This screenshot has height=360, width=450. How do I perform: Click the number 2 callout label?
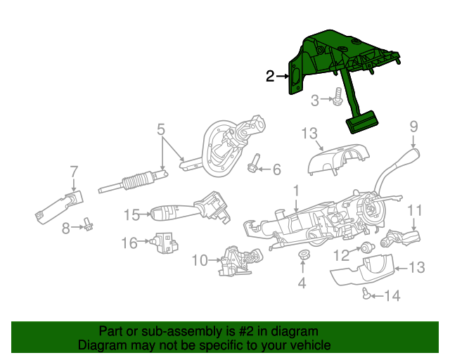tap(270, 77)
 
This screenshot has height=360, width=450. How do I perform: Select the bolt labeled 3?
tap(339, 98)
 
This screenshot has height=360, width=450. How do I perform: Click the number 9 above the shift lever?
tap(414, 127)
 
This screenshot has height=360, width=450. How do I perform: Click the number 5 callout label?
tap(161, 129)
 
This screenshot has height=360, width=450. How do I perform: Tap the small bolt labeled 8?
tap(89, 225)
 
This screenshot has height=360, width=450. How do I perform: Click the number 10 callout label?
tap(200, 261)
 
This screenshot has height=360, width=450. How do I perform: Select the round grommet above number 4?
tap(304, 255)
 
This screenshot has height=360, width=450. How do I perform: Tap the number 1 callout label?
tap(296, 190)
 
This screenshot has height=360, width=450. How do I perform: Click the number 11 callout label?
tap(415, 210)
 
